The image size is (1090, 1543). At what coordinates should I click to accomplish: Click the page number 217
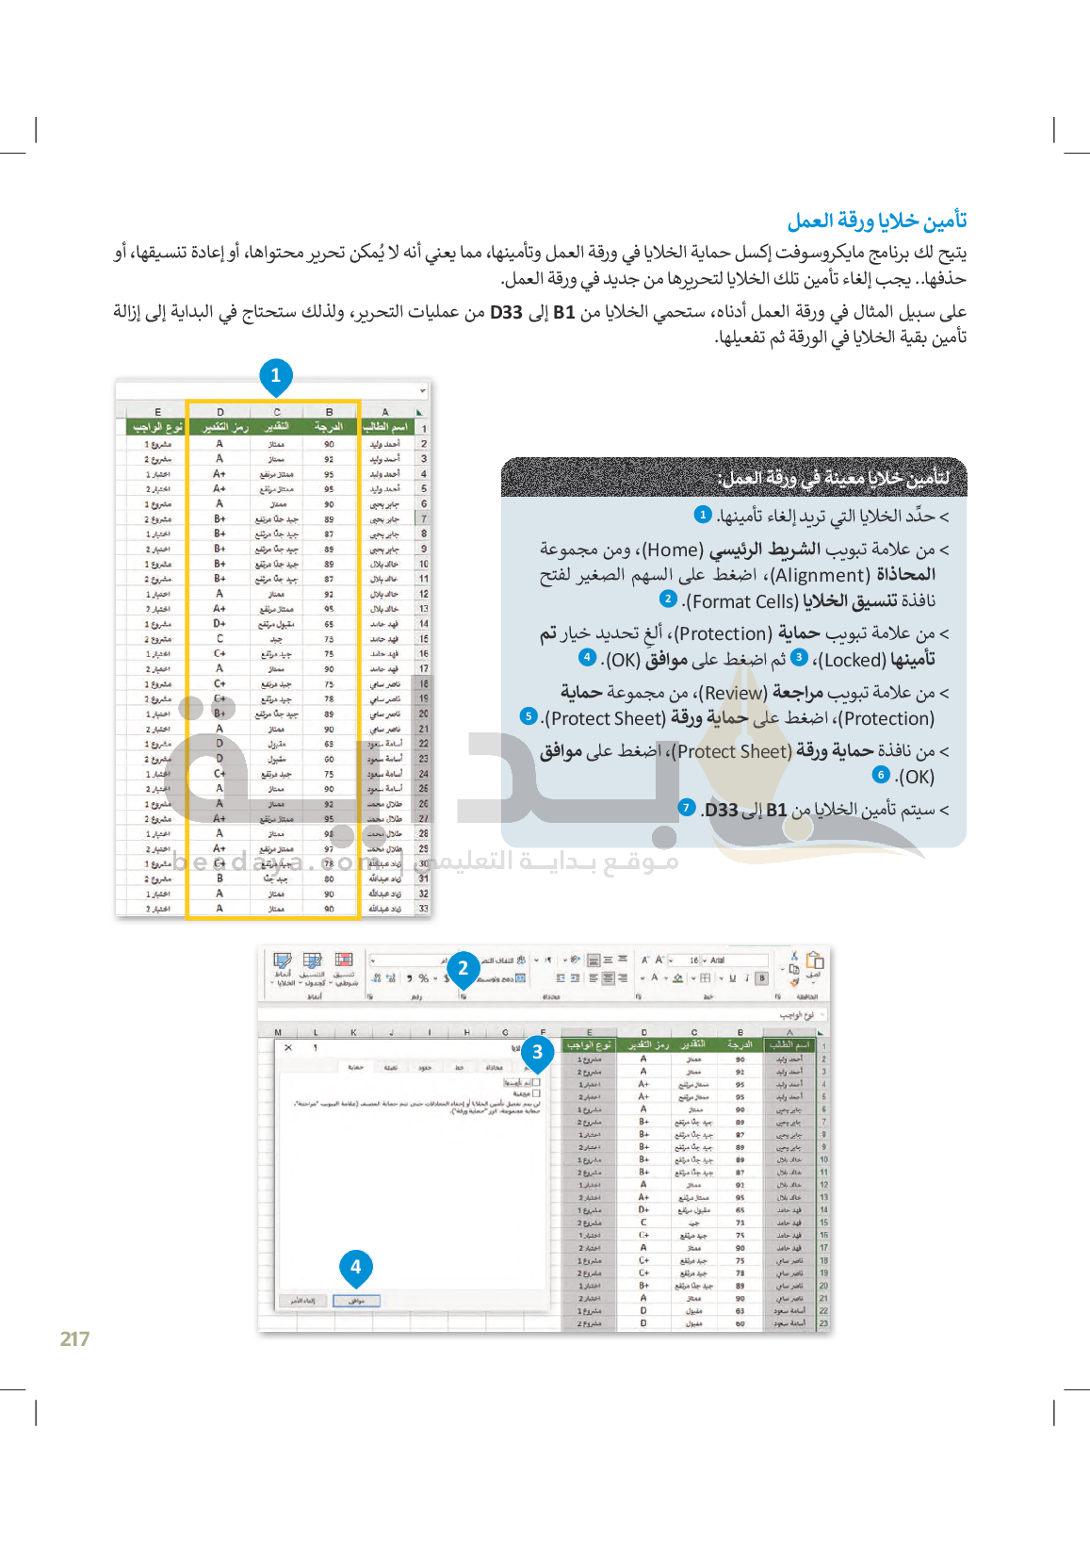pyautogui.click(x=74, y=1338)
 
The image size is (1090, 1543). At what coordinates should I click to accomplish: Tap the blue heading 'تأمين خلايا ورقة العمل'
pyautogui.click(x=877, y=221)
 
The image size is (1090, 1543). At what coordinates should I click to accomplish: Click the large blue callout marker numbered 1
pyautogui.click(x=276, y=375)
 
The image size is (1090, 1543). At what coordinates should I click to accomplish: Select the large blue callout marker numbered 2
pyautogui.click(x=463, y=968)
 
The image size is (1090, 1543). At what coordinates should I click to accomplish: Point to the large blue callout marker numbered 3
pyautogui.click(x=537, y=1052)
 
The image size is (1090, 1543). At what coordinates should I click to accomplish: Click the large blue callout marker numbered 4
pyautogui.click(x=356, y=1268)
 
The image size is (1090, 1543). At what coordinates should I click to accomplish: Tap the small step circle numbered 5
pyautogui.click(x=529, y=716)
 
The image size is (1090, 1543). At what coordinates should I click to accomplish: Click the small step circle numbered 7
pyautogui.click(x=687, y=808)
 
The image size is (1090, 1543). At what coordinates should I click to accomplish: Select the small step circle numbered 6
pyautogui.click(x=881, y=775)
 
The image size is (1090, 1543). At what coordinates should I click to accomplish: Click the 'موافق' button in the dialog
pyautogui.click(x=356, y=1301)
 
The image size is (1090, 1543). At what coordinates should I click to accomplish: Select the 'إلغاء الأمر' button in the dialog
pyautogui.click(x=302, y=1301)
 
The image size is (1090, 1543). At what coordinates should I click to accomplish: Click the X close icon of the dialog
pyautogui.click(x=288, y=1047)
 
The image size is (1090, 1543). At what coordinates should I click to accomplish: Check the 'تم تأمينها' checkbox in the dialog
pyautogui.click(x=536, y=1083)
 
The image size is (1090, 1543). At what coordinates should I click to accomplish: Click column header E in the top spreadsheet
pyautogui.click(x=157, y=412)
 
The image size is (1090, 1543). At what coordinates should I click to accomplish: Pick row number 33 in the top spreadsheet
pyautogui.click(x=423, y=909)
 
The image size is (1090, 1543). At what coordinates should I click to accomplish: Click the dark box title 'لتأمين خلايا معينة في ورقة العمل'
pyautogui.click(x=833, y=478)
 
